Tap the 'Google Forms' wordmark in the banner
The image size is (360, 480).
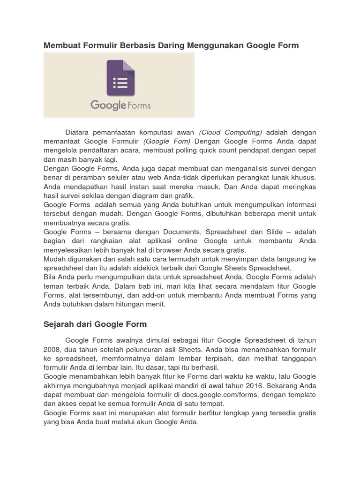(120, 105)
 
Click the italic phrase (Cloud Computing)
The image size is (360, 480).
(231, 132)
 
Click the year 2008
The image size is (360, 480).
(52, 349)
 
